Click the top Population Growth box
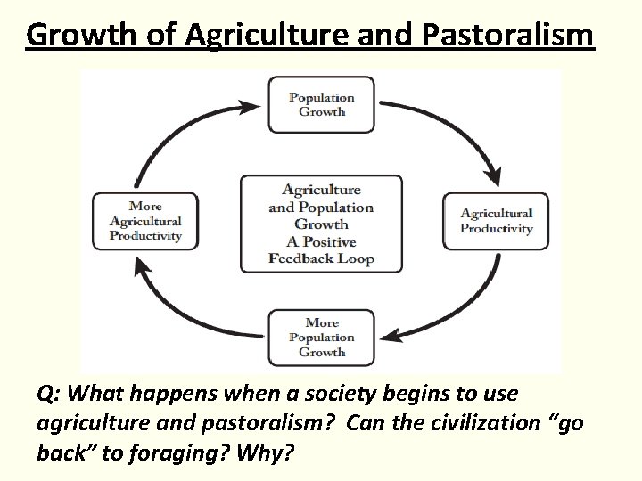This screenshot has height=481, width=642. pyautogui.click(x=322, y=105)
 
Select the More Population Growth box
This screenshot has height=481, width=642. pyautogui.click(x=322, y=337)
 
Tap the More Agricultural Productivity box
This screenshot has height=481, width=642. pyautogui.click(x=145, y=221)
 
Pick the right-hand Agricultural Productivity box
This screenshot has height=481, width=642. pyautogui.click(x=497, y=221)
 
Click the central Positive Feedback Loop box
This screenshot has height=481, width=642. pyautogui.click(x=321, y=224)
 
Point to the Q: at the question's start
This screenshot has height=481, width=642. pyautogui.click(x=50, y=393)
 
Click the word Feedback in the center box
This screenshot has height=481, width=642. pyautogui.click(x=303, y=259)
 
